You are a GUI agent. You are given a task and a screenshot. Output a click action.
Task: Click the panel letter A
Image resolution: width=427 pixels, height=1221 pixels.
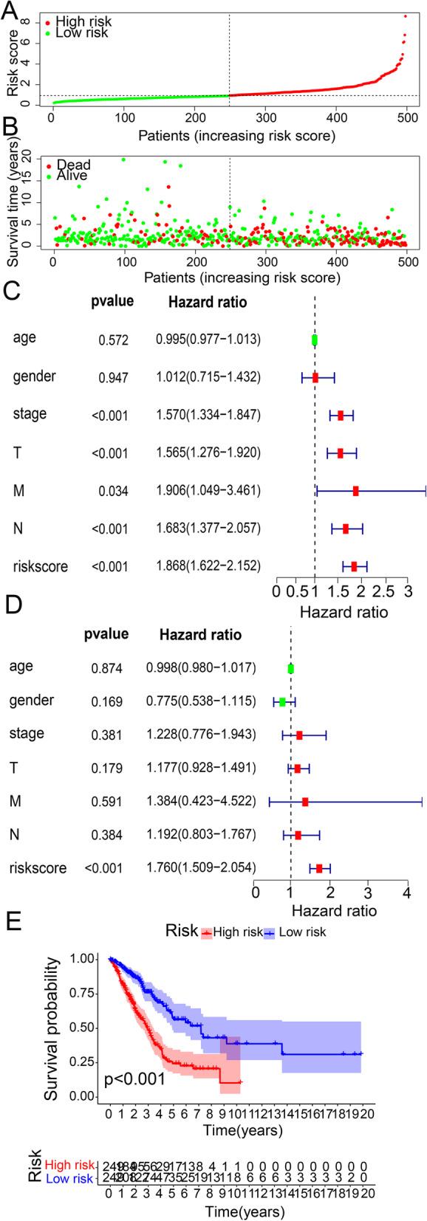(x=12, y=10)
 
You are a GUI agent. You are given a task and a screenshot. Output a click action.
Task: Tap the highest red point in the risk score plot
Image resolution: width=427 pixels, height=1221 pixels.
(x=405, y=16)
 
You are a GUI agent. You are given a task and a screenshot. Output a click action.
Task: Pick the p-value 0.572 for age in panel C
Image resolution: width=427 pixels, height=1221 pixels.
(x=113, y=340)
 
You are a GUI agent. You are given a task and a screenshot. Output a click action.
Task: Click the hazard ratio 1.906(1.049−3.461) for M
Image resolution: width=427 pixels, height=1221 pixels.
(x=208, y=490)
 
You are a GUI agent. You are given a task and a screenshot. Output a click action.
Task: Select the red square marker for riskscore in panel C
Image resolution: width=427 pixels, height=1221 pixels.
(x=354, y=566)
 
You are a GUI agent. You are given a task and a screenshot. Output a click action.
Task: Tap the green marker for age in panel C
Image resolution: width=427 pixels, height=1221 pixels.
(x=315, y=340)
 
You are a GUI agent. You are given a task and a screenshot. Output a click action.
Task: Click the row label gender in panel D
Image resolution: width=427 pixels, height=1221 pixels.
(x=31, y=699)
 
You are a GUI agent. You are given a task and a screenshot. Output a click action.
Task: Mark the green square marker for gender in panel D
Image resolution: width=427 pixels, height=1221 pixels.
(x=282, y=701)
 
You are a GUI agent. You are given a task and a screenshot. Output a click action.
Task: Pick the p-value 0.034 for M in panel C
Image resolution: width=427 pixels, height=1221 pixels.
(x=113, y=490)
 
